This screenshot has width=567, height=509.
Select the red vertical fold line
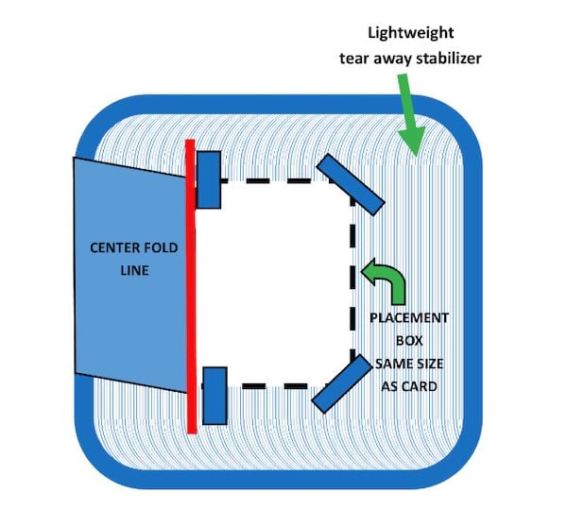191,283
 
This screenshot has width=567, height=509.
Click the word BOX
406,340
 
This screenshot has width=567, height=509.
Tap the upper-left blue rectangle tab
208,179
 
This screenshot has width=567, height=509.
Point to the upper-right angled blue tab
351,183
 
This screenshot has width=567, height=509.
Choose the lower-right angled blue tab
341,383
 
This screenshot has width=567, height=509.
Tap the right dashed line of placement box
353,283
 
